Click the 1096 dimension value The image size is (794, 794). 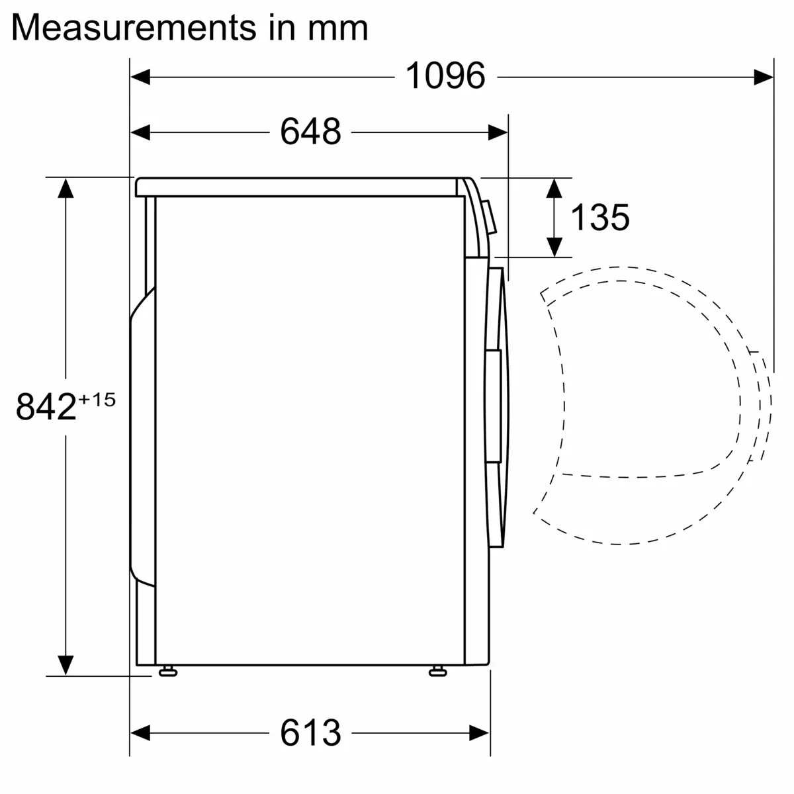[x=445, y=76]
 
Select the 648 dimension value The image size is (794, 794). [x=310, y=132]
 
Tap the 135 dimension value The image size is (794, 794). [x=599, y=217]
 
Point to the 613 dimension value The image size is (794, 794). [x=310, y=732]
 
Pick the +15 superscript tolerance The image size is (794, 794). [x=97, y=399]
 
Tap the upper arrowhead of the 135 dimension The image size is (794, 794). [x=554, y=188]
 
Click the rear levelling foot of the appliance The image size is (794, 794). [x=167, y=672]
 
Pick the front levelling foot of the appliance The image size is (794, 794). [x=437, y=672]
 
